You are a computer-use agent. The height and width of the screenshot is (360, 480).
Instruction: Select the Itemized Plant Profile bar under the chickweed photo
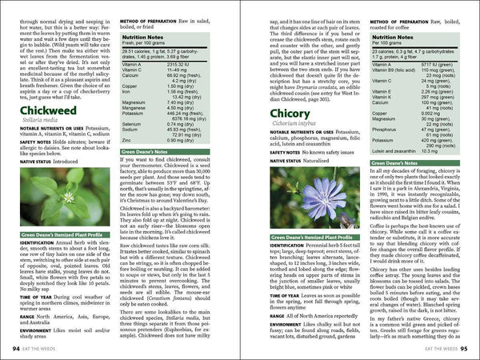56,234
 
